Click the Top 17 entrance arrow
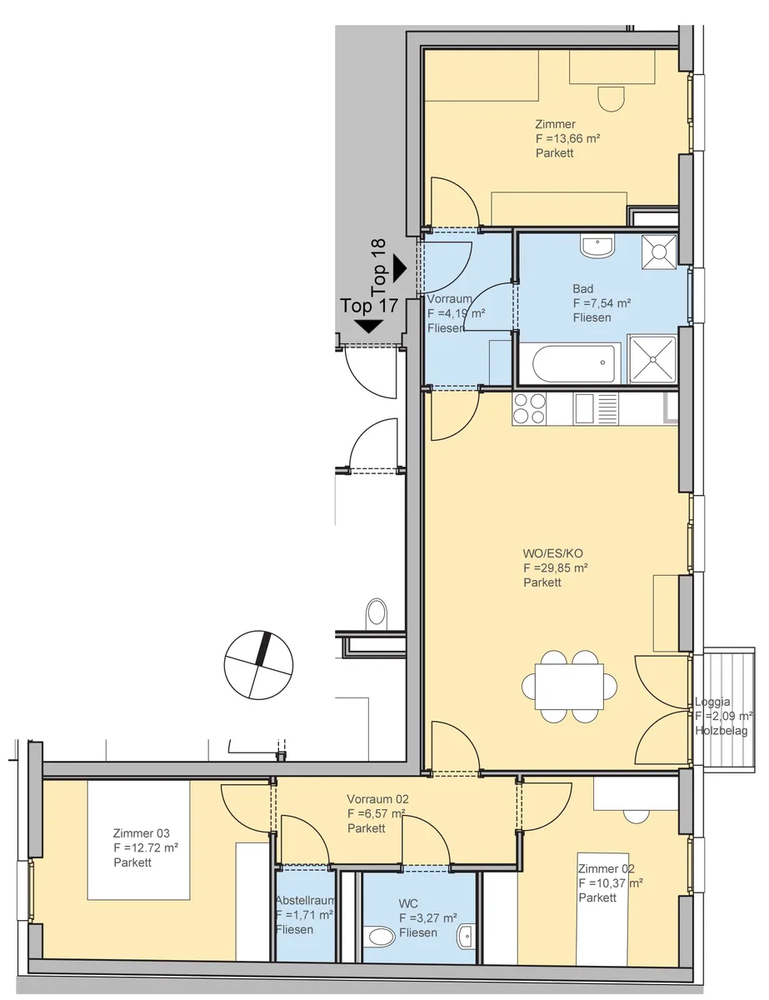(x=369, y=327)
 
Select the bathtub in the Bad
(x=571, y=363)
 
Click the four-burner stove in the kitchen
(x=529, y=408)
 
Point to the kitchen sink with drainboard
(x=596, y=408)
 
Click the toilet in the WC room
(x=378, y=936)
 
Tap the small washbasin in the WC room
(x=466, y=936)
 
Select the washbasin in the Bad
(x=597, y=246)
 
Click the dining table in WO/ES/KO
(x=569, y=686)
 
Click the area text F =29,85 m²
(x=556, y=567)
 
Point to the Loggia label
(x=712, y=702)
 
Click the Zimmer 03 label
(x=141, y=833)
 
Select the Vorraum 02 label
(x=377, y=799)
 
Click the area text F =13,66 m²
(x=568, y=138)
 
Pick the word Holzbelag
(x=722, y=731)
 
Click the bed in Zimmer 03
(x=139, y=840)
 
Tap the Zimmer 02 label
(x=607, y=869)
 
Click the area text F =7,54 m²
(x=602, y=303)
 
